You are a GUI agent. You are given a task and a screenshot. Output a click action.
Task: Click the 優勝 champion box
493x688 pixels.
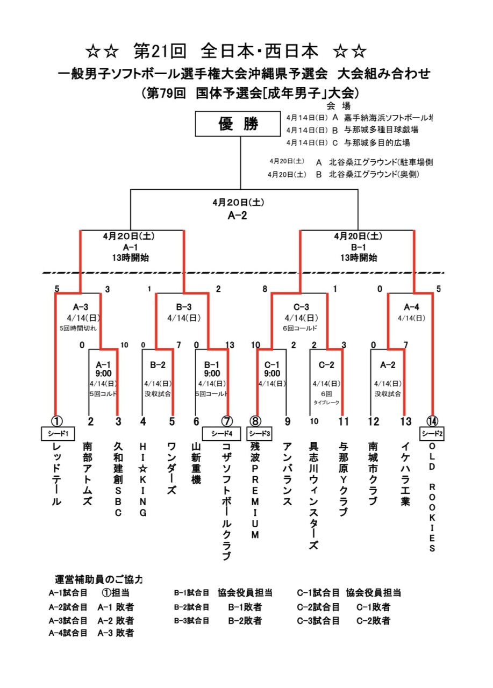238,125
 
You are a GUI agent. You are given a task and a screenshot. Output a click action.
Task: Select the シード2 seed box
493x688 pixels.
432,433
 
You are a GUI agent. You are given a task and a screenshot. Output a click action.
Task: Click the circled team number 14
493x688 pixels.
432,421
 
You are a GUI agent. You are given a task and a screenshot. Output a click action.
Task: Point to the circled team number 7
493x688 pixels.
227,421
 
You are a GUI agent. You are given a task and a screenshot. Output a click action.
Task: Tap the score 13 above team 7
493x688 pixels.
230,345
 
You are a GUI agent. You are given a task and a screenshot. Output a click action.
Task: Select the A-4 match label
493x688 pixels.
411,307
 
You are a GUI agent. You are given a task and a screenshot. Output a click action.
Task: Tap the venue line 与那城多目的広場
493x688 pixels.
377,143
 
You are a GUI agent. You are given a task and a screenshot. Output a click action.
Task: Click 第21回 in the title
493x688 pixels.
159,52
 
